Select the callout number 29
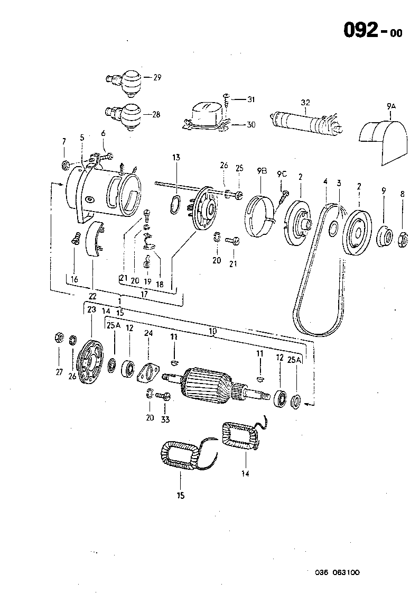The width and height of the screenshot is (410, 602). (x=157, y=77)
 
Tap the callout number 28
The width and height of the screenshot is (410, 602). (x=156, y=114)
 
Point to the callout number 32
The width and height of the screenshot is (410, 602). (x=305, y=102)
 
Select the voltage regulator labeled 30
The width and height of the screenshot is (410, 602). (x=206, y=117)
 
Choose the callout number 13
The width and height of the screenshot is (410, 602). (x=176, y=157)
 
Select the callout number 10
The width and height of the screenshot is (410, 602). (x=213, y=332)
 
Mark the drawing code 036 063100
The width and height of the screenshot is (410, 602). (x=338, y=572)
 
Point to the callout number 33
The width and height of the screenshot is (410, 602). (x=165, y=419)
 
